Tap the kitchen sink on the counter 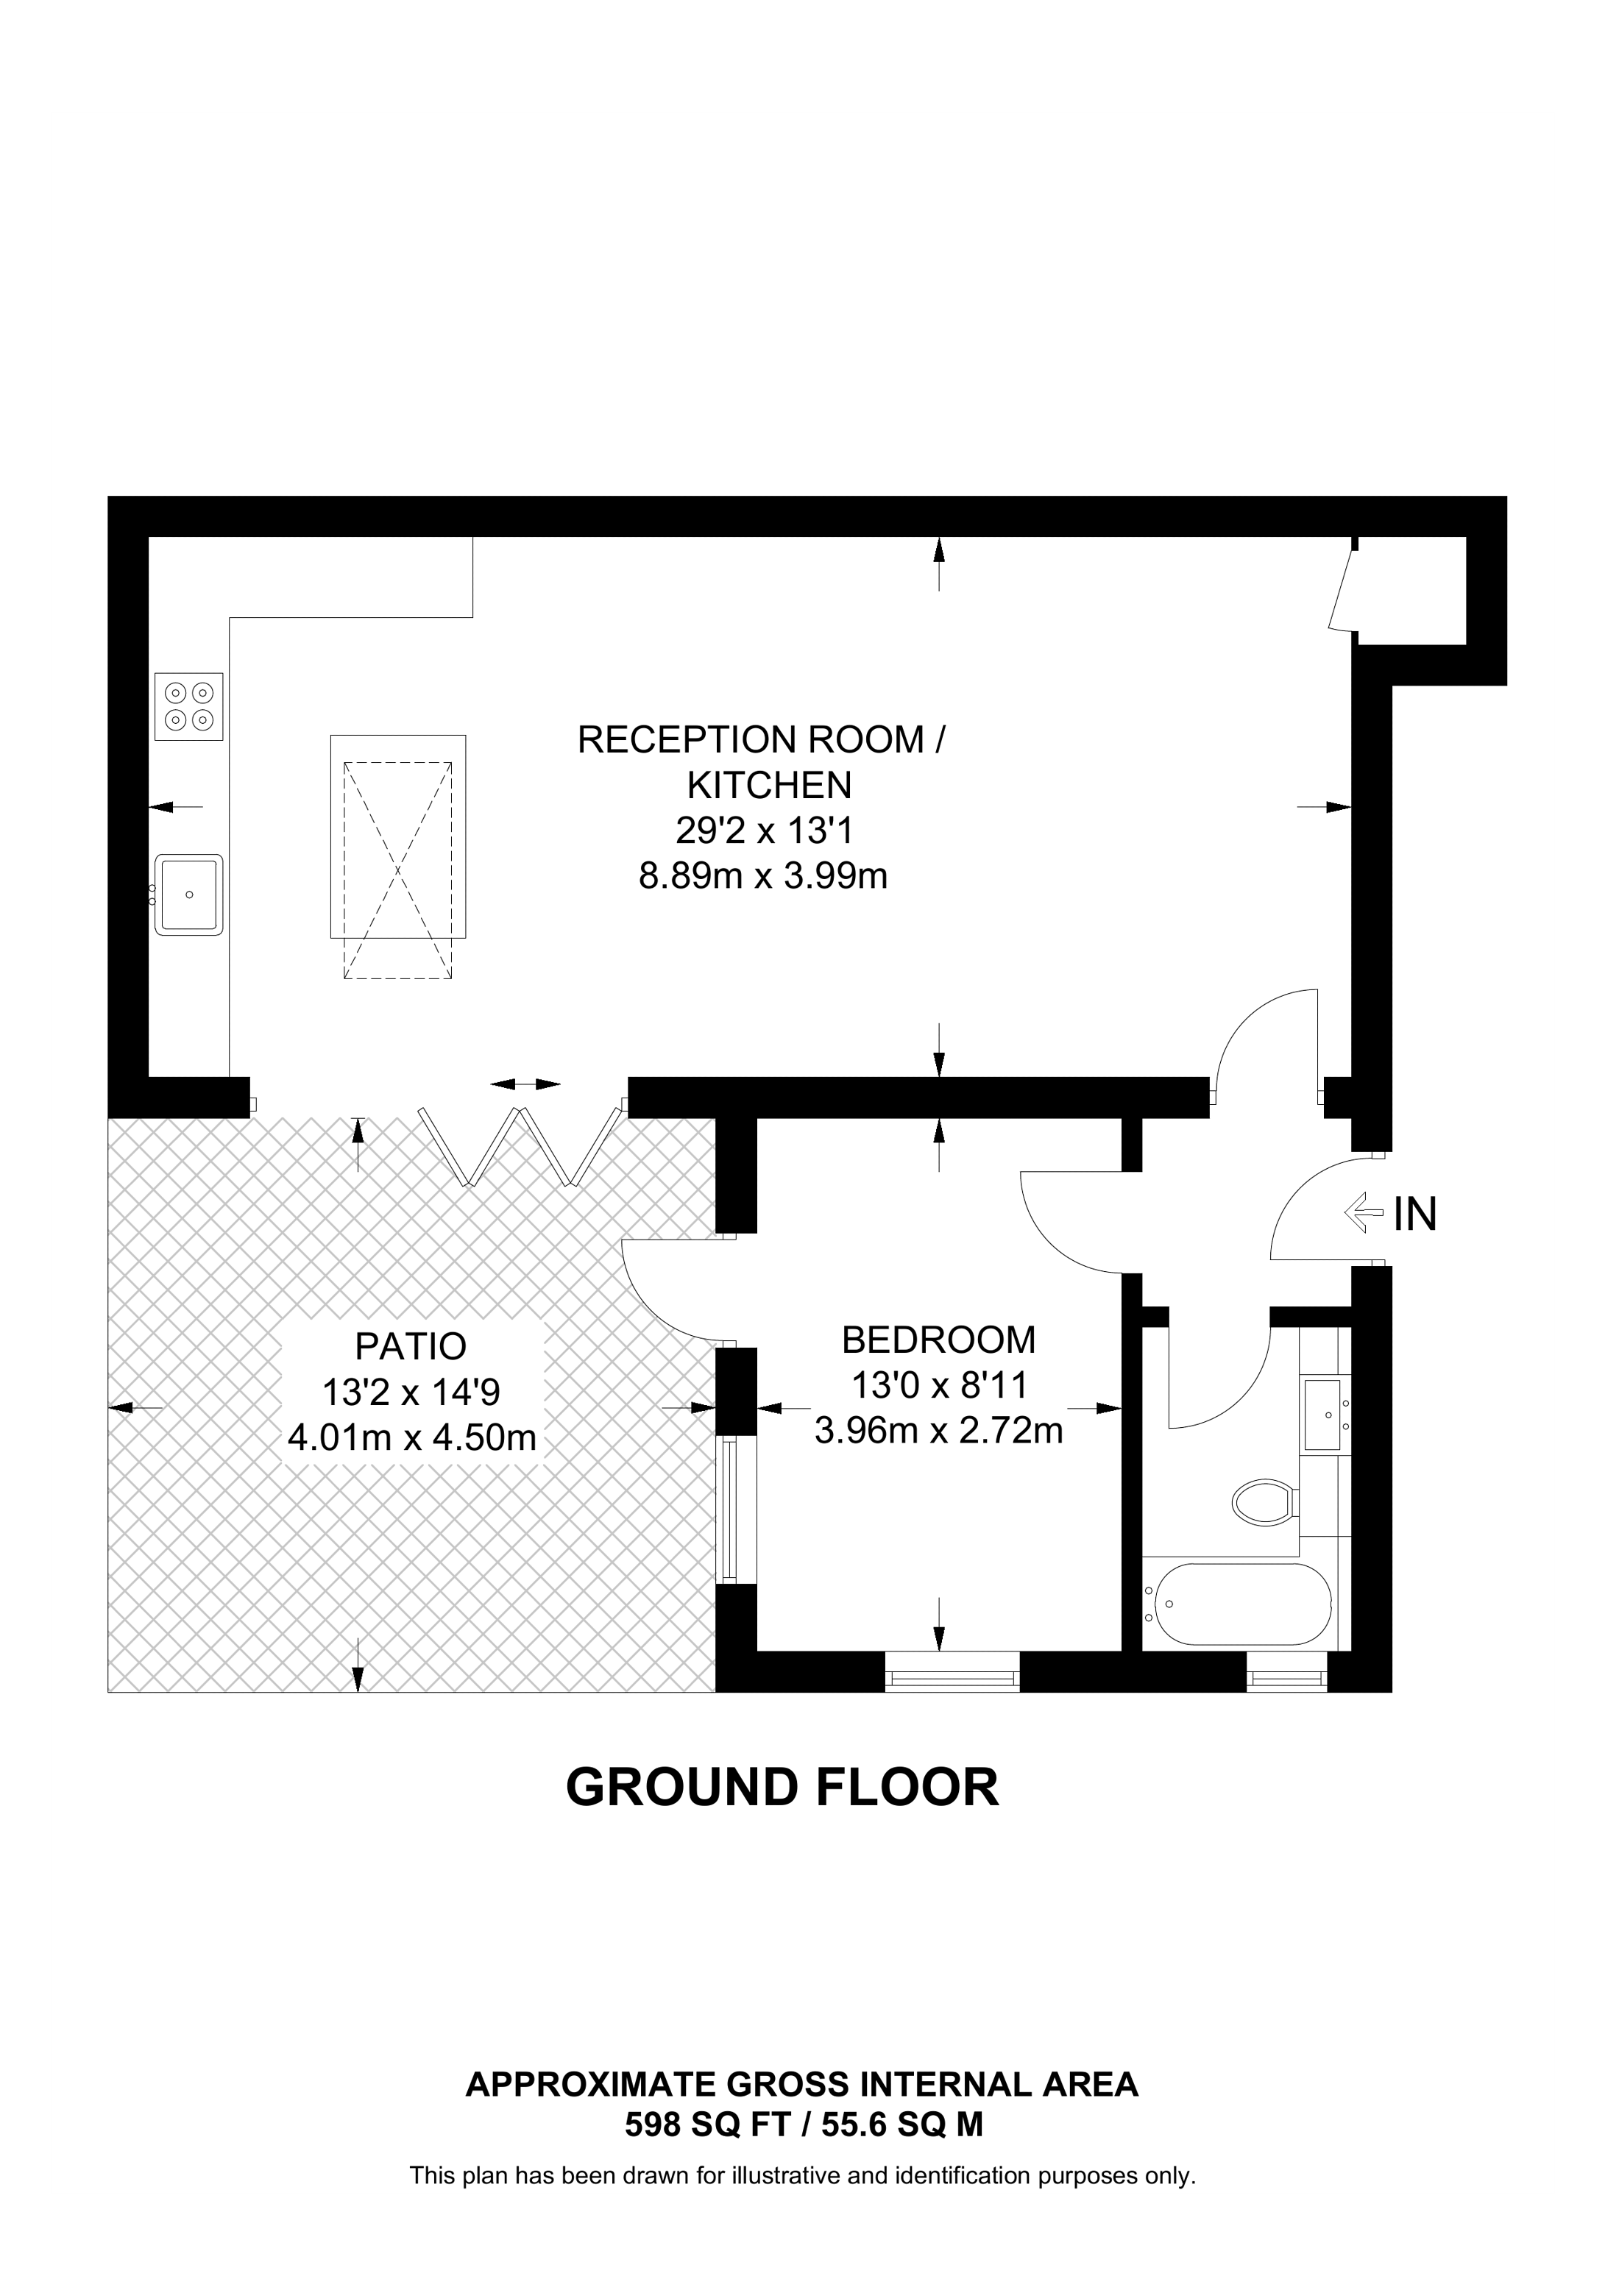[188, 894]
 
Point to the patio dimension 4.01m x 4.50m [411, 1438]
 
